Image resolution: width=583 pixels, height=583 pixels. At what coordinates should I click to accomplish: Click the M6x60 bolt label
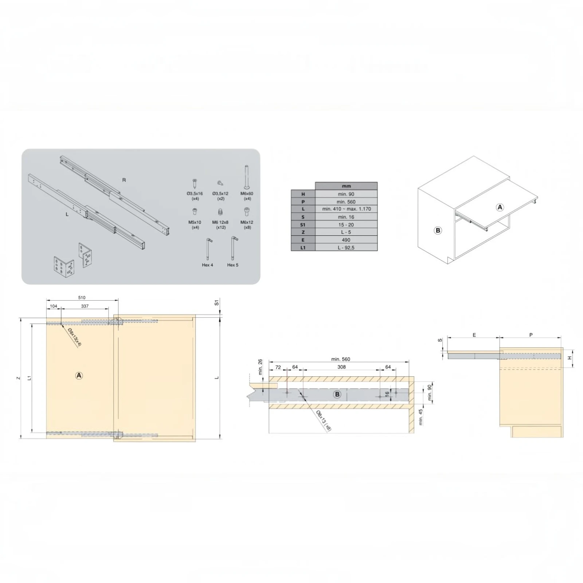(x=247, y=193)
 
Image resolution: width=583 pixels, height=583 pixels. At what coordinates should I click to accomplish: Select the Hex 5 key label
(x=232, y=265)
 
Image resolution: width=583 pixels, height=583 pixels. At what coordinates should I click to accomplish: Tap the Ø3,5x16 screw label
(x=195, y=193)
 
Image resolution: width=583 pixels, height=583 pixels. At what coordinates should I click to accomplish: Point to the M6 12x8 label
(x=220, y=222)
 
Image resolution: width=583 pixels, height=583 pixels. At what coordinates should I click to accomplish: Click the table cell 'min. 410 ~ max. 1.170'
(x=347, y=209)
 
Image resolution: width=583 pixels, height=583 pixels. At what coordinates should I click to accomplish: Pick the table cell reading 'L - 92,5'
(x=346, y=248)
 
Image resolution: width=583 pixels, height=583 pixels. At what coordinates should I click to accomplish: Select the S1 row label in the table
(x=303, y=225)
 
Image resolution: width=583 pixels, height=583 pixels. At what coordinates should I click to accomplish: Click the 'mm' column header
(x=347, y=186)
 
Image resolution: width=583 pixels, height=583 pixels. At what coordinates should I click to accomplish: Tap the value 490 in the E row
(x=346, y=240)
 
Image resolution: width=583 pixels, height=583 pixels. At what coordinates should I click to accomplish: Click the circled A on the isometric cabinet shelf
(x=500, y=207)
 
